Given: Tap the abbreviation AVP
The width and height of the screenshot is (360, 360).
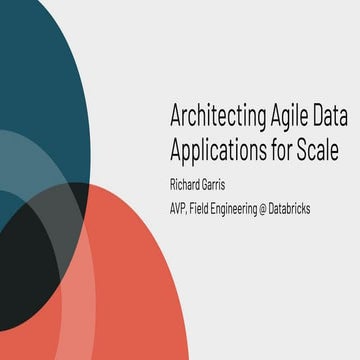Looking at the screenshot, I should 181,208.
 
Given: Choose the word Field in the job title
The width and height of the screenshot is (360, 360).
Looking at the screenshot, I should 211,208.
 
